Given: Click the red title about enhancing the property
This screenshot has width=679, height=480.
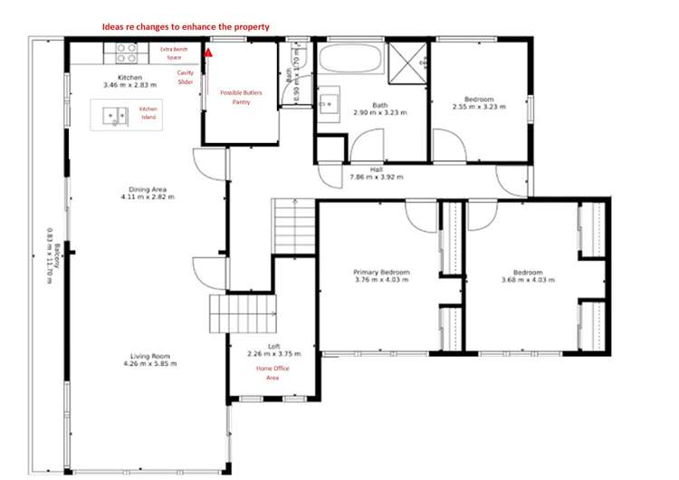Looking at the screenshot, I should point(185,27).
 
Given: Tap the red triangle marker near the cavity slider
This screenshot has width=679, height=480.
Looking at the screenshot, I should point(208,52).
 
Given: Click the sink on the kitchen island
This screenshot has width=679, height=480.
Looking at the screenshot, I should point(115,115).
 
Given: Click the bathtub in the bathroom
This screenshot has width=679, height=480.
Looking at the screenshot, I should point(349,61).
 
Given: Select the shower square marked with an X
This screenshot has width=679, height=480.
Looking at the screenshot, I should point(410,60).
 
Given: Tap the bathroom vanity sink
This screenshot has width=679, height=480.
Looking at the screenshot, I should point(328,101).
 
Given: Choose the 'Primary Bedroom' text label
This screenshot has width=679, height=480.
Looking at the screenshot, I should point(380,276).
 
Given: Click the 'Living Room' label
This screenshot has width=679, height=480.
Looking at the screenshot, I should point(149,360).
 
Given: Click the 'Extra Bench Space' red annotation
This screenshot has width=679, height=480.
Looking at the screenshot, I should point(177,53).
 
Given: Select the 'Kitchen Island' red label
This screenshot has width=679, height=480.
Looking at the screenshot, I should point(148,113).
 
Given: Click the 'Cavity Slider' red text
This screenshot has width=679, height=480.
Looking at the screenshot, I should point(185,77).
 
